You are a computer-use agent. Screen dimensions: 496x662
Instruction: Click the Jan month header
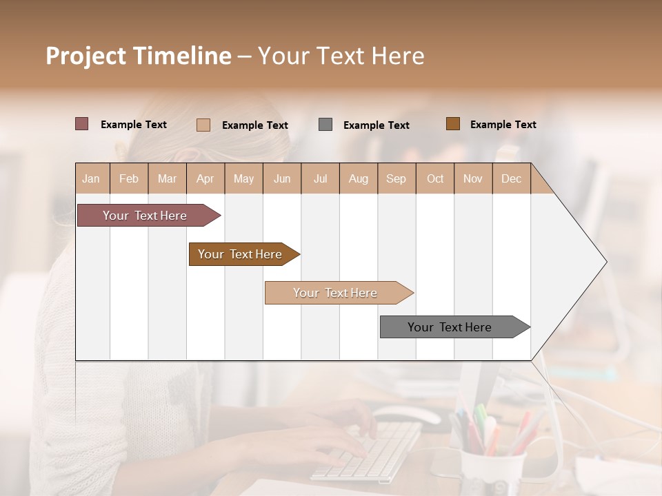pos(92,178)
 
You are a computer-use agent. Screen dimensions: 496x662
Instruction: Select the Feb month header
pos(129,178)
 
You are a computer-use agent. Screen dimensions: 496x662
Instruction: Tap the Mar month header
pos(167,178)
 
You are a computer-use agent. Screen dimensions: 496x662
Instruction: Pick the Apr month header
pos(205,178)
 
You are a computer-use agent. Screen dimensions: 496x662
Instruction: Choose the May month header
pos(243,178)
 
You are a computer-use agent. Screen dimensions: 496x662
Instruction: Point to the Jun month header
pos(282,178)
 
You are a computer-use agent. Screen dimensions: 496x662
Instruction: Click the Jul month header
pos(320,178)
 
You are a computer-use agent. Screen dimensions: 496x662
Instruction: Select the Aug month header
pos(359,178)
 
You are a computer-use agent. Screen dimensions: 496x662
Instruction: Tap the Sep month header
pos(397,178)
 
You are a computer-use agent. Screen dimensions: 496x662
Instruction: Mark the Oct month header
pos(435,178)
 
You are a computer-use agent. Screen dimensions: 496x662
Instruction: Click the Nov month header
pos(473,178)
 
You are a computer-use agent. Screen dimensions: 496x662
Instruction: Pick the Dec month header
pos(512,178)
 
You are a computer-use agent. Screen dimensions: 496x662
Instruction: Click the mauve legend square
pos(82,124)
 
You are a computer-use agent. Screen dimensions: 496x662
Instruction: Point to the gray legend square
pos(325,125)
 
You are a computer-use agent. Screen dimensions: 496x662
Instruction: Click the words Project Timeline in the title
pos(139,56)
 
